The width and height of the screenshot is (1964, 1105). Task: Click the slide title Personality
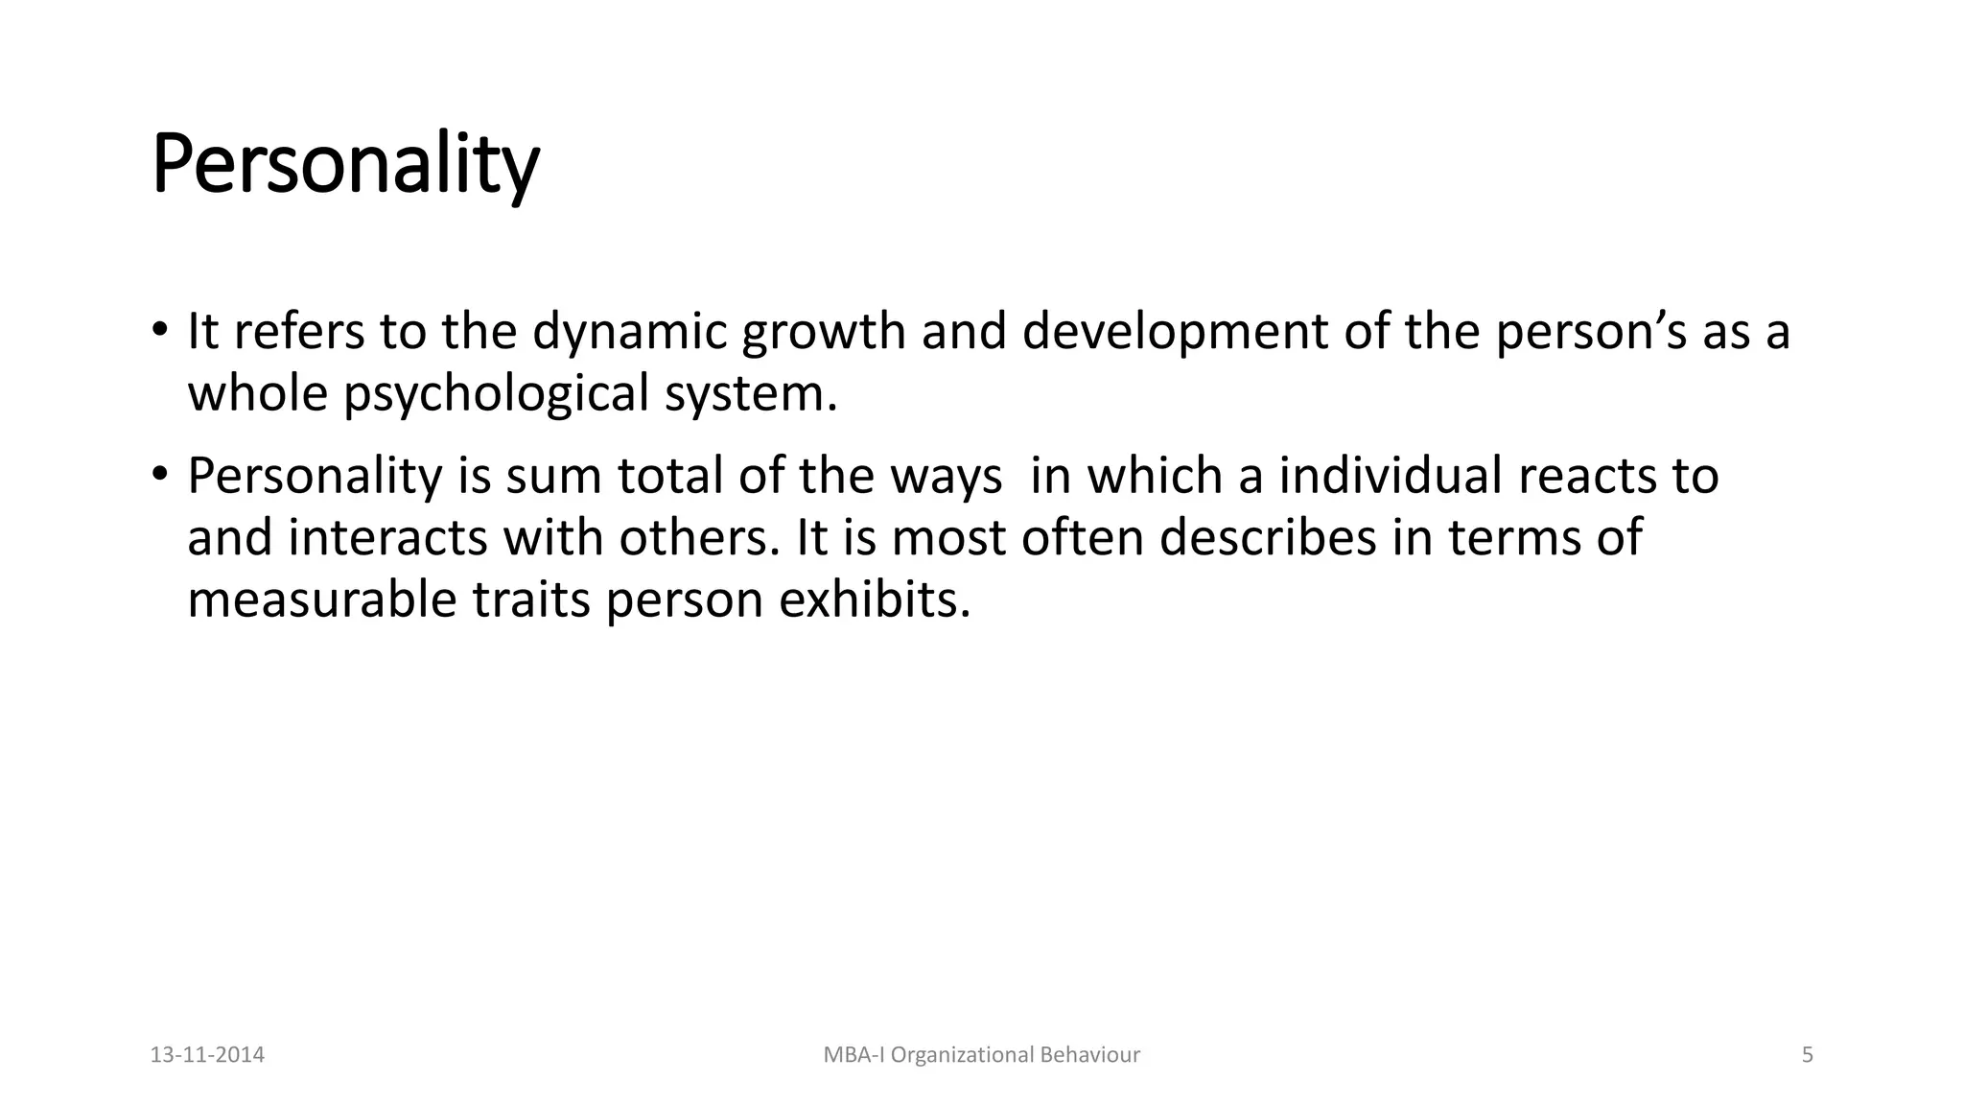(x=345, y=165)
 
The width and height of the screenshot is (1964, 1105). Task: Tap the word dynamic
(x=629, y=332)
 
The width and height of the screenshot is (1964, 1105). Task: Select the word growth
(x=824, y=332)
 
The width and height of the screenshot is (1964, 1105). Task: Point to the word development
(x=1175, y=332)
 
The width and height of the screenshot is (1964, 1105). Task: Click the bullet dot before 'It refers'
(x=159, y=331)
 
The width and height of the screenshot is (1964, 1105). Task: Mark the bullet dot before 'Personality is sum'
(x=159, y=475)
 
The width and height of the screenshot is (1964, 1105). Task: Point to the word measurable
(x=321, y=600)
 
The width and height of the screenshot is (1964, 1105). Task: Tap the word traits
(x=530, y=600)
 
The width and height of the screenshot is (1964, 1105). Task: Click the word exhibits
(x=875, y=600)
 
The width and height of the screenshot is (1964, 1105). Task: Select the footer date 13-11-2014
(x=207, y=1055)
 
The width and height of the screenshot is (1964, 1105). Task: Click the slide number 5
(x=1808, y=1055)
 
